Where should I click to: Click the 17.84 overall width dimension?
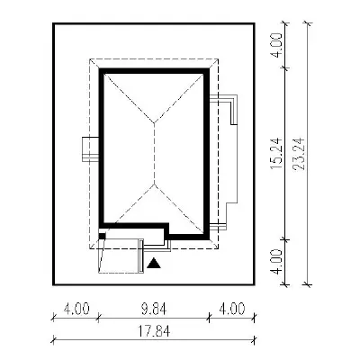pos(154,331)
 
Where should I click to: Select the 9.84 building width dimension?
pos(155,309)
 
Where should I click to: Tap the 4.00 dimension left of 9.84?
pos(76,309)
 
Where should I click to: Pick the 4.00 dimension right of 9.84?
pos(232,309)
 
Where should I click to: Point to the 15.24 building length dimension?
pos(276,153)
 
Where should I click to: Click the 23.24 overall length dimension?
pos(299,153)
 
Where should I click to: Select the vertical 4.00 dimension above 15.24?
pos(276,45)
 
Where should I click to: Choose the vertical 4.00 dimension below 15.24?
pos(276,261)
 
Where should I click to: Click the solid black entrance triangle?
pos(154,263)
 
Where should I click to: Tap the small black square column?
pos(103,237)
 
